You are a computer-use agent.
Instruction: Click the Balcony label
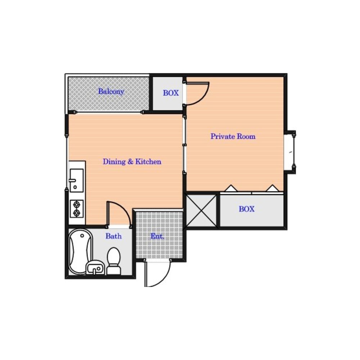click(111, 91)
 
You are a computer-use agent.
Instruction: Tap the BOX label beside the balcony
click(171, 93)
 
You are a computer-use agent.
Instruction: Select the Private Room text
click(233, 136)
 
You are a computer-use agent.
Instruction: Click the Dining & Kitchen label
click(132, 162)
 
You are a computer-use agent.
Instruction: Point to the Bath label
click(114, 236)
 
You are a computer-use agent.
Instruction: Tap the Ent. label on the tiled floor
click(157, 236)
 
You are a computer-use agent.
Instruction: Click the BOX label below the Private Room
click(247, 209)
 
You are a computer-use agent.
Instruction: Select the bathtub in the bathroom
click(80, 252)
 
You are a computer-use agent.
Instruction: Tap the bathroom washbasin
click(95, 267)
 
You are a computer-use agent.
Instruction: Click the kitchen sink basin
click(76, 180)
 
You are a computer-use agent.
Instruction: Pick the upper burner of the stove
click(76, 204)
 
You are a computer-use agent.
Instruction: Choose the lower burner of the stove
click(76, 213)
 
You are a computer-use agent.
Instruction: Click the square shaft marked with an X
click(201, 211)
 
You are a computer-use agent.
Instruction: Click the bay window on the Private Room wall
click(290, 152)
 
